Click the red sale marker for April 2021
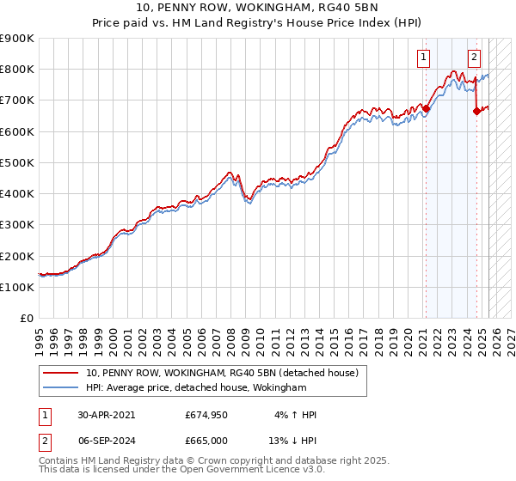(x=426, y=108)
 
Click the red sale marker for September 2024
(x=476, y=111)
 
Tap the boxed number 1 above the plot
(x=424, y=58)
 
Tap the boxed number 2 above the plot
(x=474, y=58)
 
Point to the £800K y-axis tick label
(x=17, y=70)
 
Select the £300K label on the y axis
(x=17, y=225)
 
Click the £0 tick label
(x=27, y=319)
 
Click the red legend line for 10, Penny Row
(x=61, y=373)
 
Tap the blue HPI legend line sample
(x=61, y=388)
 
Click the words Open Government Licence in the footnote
(x=243, y=471)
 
